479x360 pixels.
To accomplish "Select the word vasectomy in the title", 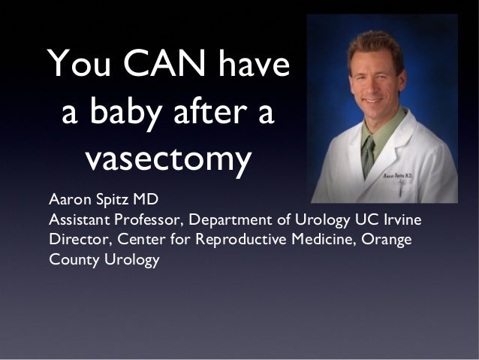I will pos(167,159).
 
